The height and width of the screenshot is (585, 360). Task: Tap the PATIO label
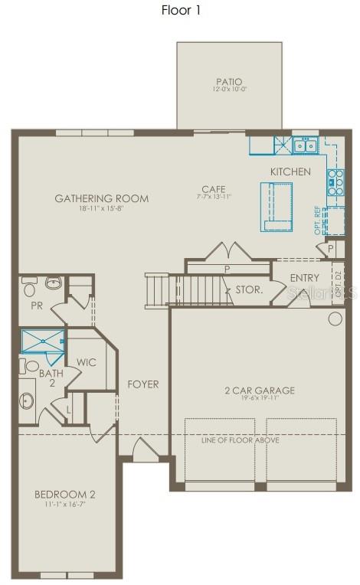pos(228,82)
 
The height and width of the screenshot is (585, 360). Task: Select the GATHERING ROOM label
pos(101,199)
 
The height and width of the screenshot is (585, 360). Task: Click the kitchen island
pos(277,206)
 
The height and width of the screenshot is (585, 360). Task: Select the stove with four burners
pos(335,182)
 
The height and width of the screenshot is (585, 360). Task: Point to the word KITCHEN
pos(290,172)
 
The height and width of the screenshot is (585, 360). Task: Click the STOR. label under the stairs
pos(249,290)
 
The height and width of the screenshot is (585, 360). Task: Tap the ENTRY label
pos(305,278)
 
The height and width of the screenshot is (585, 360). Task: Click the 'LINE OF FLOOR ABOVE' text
pos(240,440)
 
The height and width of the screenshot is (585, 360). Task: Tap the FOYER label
pos(143,384)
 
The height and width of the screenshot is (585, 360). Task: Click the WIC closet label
pos(87,362)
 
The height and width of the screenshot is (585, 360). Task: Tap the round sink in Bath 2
pos(28,400)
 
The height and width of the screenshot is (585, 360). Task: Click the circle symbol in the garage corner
pos(335,319)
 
